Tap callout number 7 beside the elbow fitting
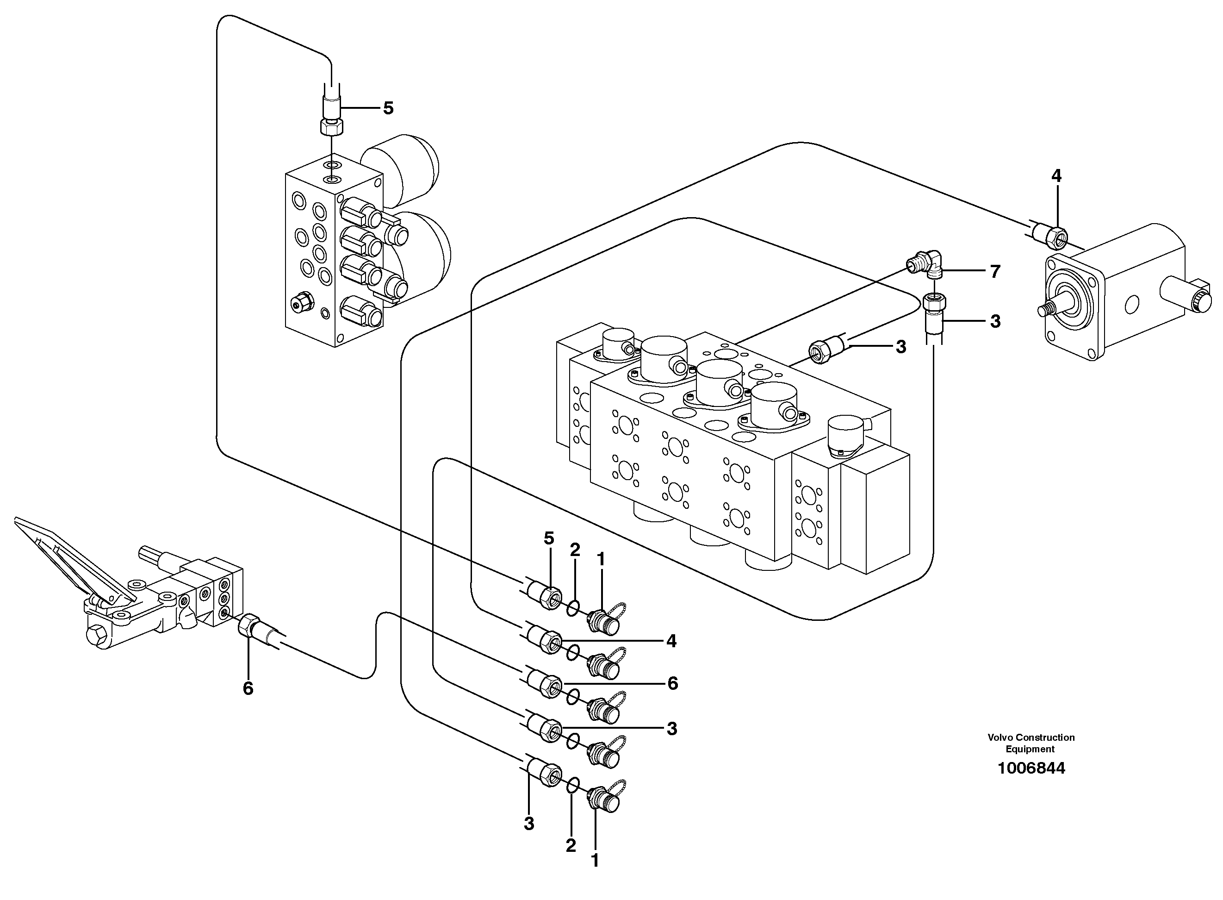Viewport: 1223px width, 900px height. (x=995, y=271)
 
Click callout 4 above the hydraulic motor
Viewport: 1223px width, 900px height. (x=1056, y=176)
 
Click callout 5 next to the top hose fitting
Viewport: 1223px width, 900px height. (x=388, y=108)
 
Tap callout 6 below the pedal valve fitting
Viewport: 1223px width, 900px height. (x=248, y=688)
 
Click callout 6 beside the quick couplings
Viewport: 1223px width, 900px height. (x=672, y=683)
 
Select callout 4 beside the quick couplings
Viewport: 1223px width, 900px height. (x=671, y=641)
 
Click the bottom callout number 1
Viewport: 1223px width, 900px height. (x=595, y=860)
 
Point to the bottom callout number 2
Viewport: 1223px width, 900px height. (x=570, y=845)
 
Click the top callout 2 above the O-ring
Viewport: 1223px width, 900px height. (x=575, y=550)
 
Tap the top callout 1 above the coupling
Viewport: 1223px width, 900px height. (x=601, y=559)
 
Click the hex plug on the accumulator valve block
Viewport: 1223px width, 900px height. (x=301, y=302)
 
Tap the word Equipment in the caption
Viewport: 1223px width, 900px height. (x=1030, y=749)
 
